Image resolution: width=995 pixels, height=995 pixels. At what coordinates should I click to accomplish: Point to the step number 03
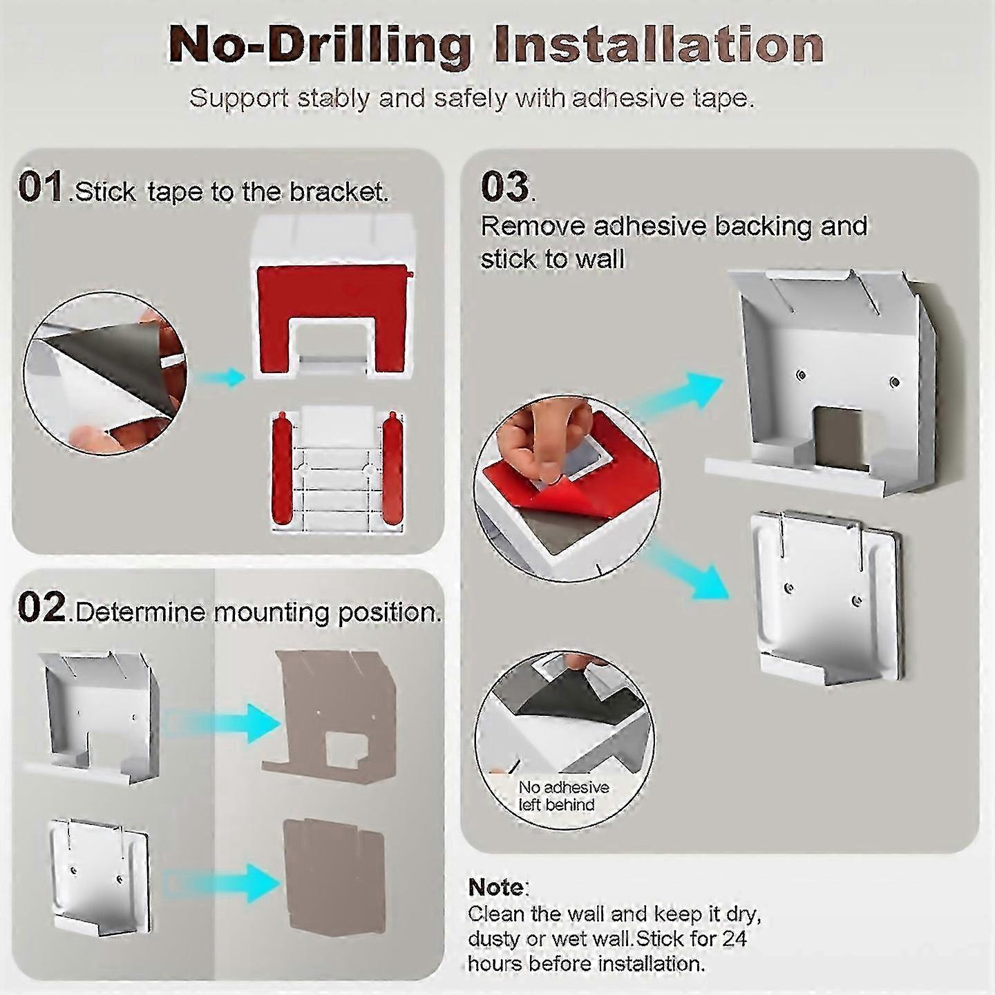pos(504,187)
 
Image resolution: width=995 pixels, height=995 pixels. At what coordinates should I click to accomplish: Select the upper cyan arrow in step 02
pos(222,723)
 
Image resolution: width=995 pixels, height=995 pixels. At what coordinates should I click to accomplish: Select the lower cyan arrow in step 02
pos(222,882)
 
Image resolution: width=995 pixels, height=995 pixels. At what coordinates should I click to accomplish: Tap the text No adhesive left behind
pos(564,795)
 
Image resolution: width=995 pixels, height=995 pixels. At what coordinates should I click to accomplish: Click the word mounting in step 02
pos(272,613)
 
